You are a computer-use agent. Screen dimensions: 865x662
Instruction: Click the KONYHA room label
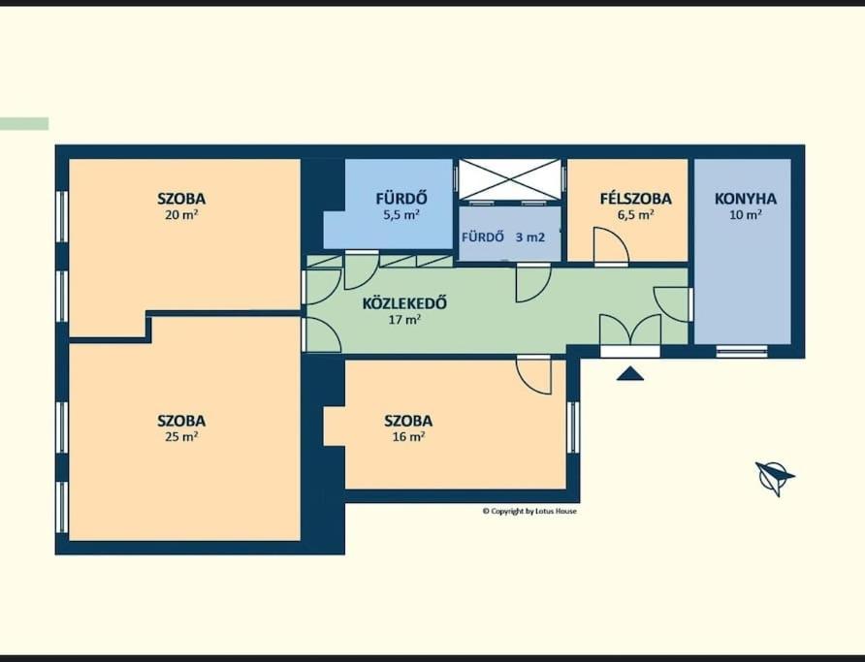pyautogui.click(x=746, y=199)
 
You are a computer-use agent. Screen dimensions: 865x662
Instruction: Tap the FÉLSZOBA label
pyautogui.click(x=635, y=199)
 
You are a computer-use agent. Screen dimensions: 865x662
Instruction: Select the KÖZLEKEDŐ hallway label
pyautogui.click(x=404, y=303)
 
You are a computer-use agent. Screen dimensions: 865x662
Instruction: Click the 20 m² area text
pyautogui.click(x=181, y=215)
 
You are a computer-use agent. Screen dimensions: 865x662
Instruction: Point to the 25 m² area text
pyautogui.click(x=181, y=437)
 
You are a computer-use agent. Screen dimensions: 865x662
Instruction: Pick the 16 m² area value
pyautogui.click(x=408, y=437)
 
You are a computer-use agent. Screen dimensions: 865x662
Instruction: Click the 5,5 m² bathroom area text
pyautogui.click(x=401, y=215)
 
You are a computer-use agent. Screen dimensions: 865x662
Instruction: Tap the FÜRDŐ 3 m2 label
pyautogui.click(x=503, y=237)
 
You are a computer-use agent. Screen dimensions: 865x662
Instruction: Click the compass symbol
pyautogui.click(x=774, y=477)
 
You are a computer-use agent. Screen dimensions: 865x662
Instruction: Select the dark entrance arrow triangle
pyautogui.click(x=630, y=375)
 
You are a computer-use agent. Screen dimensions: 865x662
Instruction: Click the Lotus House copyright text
pyautogui.click(x=529, y=511)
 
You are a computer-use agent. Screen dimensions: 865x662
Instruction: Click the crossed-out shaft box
pyautogui.click(x=510, y=179)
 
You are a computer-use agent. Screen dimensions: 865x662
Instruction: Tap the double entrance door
pyautogui.click(x=630, y=331)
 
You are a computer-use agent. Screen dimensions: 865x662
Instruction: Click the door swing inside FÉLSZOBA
pyautogui.click(x=611, y=246)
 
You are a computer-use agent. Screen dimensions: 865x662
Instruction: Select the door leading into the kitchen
pyautogui.click(x=672, y=304)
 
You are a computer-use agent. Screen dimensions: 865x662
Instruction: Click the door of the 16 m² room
pyautogui.click(x=534, y=375)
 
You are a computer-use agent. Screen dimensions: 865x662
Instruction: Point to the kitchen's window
pyautogui.click(x=742, y=351)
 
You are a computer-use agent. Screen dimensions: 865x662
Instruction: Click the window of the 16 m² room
pyautogui.click(x=574, y=427)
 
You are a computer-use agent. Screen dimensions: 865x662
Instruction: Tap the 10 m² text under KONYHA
pyautogui.click(x=746, y=215)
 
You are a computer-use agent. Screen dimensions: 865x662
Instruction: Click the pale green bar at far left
pyautogui.click(x=24, y=124)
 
